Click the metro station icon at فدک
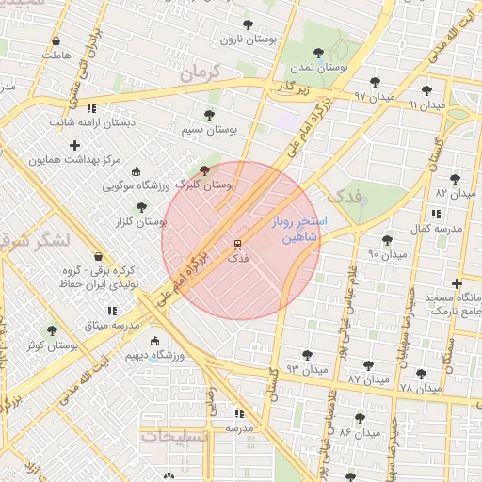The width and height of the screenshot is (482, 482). click(x=236, y=244)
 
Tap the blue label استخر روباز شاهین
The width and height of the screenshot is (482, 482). click(x=295, y=231)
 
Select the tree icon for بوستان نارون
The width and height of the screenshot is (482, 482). click(x=248, y=25)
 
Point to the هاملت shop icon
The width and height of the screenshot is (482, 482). click(x=56, y=41)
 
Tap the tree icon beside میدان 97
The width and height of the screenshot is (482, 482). click(x=376, y=82)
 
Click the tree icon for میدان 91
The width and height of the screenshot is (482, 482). click(x=426, y=90)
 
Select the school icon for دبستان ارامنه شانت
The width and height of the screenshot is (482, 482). click(x=90, y=108)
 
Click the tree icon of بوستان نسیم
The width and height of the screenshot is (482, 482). click(x=209, y=114)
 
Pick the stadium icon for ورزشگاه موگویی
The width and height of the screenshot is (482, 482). click(x=136, y=171)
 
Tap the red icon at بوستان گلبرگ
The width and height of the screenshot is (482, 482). click(x=205, y=170)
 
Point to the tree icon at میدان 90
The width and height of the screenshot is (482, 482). click(x=387, y=240)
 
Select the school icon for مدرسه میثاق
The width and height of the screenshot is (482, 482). click(x=112, y=310)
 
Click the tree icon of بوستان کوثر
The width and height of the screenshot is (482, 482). click(x=52, y=330)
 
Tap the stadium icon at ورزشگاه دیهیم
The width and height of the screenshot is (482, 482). click(x=154, y=342)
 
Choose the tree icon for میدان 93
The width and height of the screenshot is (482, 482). click(x=307, y=355)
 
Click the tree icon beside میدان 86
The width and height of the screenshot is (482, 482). click(x=360, y=417)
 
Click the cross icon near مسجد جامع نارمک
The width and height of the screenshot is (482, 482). click(x=457, y=283)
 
